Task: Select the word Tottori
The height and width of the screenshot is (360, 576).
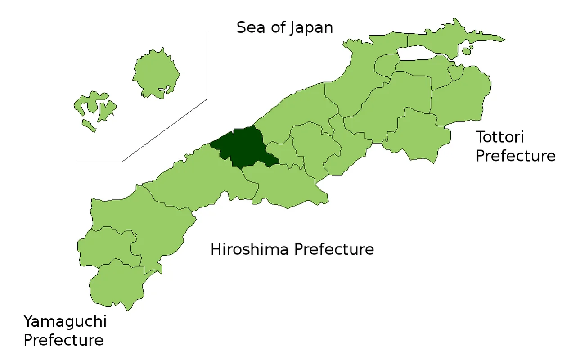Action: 499,137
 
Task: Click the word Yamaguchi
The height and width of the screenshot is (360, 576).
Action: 65,322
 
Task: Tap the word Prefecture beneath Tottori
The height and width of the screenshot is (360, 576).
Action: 516,156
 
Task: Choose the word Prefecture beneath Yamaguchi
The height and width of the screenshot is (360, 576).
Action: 63,340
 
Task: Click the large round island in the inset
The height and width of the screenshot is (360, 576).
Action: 156,73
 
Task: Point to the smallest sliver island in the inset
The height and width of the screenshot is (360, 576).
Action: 89,125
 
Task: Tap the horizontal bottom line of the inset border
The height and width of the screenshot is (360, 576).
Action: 99,162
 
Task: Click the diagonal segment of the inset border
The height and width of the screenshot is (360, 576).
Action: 165,130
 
